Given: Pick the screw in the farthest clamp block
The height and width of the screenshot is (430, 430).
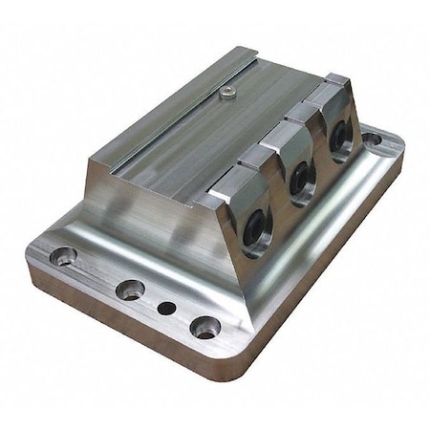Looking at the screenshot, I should [340, 140].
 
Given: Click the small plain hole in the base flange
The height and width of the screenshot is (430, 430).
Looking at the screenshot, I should [166, 309].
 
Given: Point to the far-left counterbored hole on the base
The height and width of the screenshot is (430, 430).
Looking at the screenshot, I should [63, 256].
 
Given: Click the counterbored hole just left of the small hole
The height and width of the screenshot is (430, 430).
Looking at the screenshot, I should [130, 289].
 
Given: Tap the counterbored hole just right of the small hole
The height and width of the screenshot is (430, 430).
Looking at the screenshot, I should [204, 328].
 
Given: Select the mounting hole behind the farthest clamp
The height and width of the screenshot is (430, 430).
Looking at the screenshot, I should [372, 140].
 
